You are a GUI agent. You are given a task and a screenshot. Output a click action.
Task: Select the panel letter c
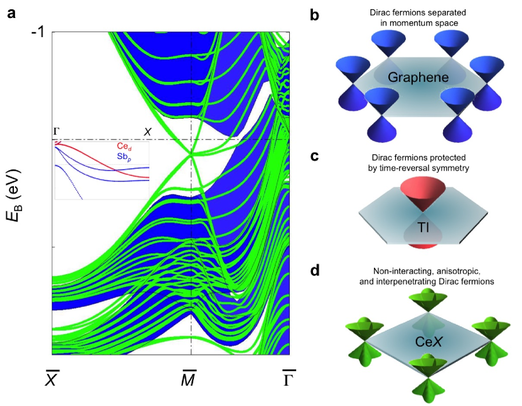click(x=315, y=156)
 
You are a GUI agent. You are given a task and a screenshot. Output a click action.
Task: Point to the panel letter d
click(x=315, y=270)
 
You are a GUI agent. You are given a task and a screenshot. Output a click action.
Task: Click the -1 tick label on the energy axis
click(x=38, y=32)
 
